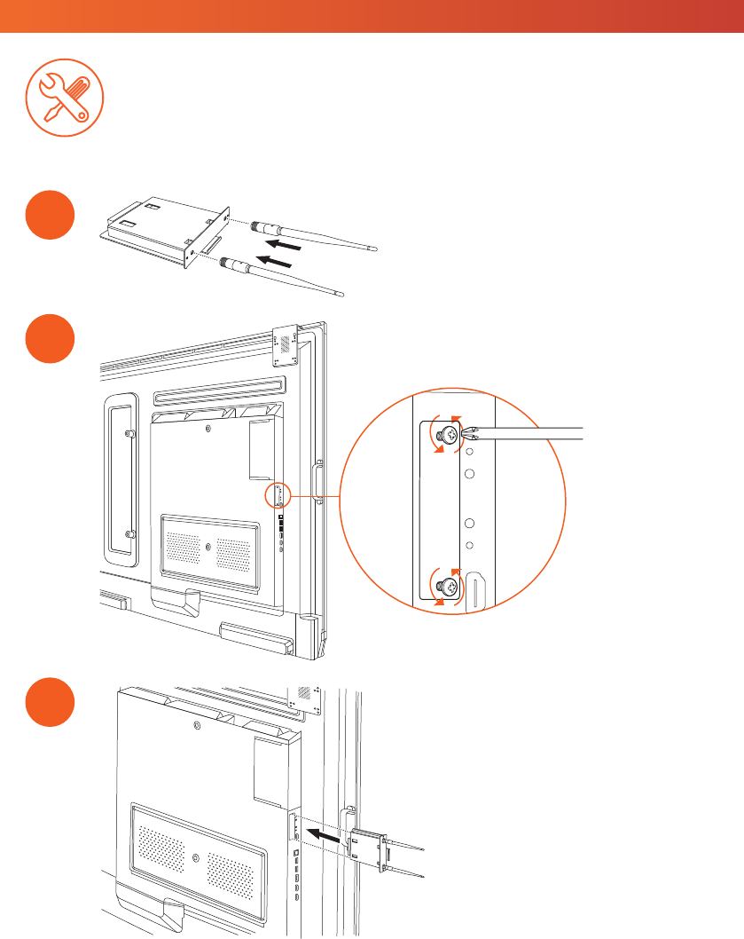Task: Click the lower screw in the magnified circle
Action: tap(448, 585)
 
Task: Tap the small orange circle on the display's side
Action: tap(278, 495)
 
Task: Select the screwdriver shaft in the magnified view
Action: tap(532, 434)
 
